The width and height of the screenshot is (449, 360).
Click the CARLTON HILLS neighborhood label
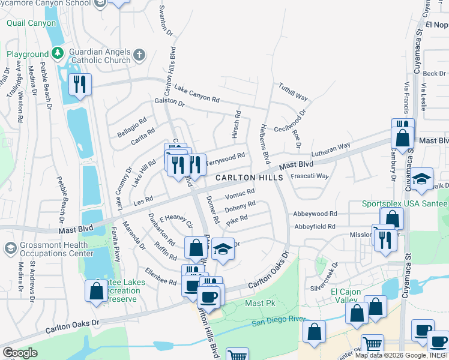click(249, 178)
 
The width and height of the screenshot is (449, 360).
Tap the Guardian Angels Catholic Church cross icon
click(139, 56)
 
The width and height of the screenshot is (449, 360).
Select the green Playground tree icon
click(58, 54)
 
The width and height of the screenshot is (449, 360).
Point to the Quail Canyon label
click(32, 23)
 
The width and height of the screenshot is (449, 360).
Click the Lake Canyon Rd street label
click(197, 93)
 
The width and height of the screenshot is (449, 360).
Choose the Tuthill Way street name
click(293, 92)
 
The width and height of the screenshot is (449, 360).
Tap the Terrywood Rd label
click(225, 159)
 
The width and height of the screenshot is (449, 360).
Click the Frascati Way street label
click(310, 176)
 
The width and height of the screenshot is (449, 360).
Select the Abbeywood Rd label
click(315, 214)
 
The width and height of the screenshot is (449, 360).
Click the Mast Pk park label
click(259, 304)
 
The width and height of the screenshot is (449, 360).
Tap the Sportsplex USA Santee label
click(404, 203)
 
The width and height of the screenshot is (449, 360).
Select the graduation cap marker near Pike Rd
click(222, 248)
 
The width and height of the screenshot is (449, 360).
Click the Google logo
click(20, 353)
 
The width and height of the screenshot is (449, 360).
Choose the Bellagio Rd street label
click(132, 128)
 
